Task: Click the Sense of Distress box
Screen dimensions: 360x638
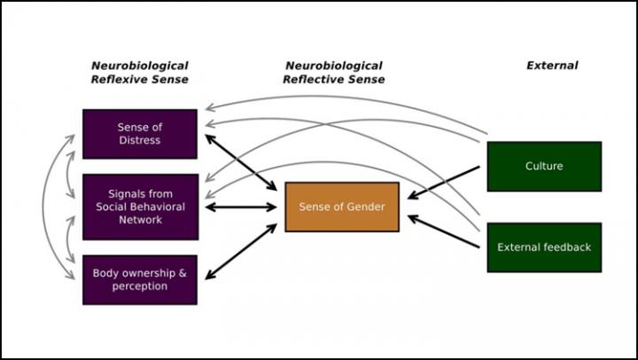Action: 139,134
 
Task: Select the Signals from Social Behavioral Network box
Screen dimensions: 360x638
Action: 139,207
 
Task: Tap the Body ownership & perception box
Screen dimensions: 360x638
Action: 139,279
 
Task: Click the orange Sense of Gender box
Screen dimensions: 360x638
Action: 341,207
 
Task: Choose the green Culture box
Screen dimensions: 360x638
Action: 544,166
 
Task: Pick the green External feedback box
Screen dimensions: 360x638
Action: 544,247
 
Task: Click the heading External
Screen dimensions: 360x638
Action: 551,66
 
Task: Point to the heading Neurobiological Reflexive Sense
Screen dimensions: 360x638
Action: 139,72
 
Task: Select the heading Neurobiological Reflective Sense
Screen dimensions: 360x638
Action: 333,72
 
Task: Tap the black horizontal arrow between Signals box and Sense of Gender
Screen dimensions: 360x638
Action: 240,207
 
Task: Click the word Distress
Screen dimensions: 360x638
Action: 140,140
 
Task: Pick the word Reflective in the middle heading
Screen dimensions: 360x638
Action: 317,79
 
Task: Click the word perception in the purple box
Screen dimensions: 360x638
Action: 140,286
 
